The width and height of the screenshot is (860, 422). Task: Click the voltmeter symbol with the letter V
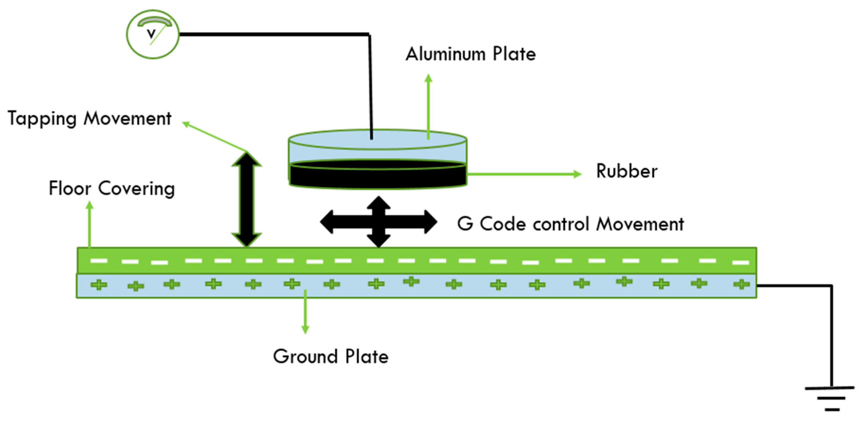point(153,34)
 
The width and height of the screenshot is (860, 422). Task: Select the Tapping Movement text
point(89,118)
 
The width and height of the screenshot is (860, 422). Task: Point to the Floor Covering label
point(112,188)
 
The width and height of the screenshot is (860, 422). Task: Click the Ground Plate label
point(330,356)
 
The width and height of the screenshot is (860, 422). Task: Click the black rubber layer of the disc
point(377,176)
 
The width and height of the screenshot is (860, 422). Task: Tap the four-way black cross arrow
point(379,222)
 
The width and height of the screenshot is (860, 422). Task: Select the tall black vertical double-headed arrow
point(247,199)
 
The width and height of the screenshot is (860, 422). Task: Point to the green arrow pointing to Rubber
point(524,174)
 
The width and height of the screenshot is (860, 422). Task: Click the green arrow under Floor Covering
point(89,224)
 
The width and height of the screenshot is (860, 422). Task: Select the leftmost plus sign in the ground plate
point(99,285)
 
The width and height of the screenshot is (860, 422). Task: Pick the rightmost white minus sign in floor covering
point(740,262)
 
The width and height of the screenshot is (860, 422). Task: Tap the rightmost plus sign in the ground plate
point(741,284)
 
